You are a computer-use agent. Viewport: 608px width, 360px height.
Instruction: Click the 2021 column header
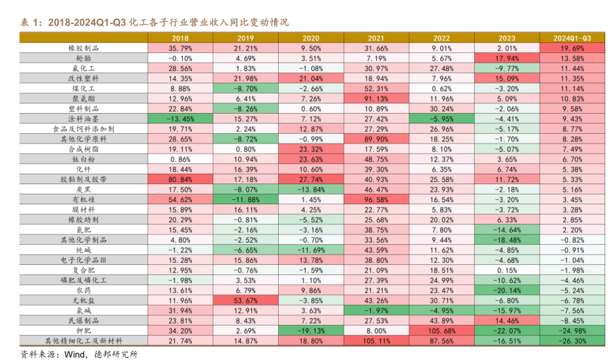click(x=376, y=38)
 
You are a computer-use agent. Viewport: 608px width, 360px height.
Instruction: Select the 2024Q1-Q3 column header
click(x=572, y=38)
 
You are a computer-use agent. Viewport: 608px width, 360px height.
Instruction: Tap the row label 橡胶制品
click(x=84, y=48)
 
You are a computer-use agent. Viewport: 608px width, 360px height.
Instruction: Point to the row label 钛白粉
click(x=84, y=159)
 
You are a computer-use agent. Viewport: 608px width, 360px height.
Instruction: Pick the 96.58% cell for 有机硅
click(x=376, y=199)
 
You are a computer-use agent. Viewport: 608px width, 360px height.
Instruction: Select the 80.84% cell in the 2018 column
click(x=179, y=179)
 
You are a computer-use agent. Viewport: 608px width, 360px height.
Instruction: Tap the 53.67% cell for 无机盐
click(x=245, y=300)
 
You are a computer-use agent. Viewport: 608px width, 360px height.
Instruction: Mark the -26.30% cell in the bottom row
click(x=572, y=341)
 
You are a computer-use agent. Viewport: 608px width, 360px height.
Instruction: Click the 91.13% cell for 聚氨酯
click(x=376, y=99)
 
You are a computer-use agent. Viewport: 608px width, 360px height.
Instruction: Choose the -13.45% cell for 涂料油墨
click(x=179, y=119)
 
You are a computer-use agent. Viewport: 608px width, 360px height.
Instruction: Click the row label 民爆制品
click(x=84, y=321)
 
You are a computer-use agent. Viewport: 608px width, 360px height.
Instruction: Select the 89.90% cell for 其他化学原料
click(x=376, y=139)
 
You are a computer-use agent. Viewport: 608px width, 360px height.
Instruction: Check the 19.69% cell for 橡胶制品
click(x=572, y=48)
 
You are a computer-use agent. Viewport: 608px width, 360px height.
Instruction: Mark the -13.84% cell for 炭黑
click(x=311, y=189)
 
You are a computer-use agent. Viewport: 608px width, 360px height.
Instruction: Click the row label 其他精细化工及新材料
click(x=84, y=341)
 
